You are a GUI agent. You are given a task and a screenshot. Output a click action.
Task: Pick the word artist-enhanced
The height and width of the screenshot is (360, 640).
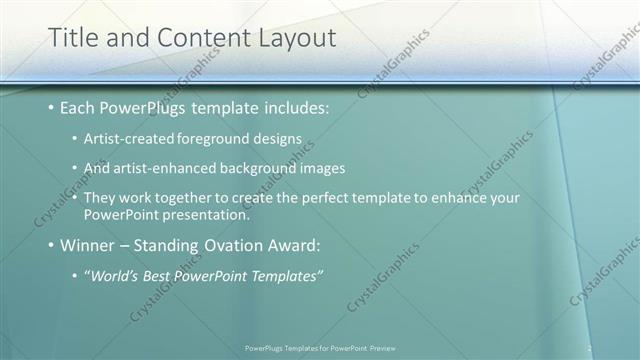click(x=165, y=168)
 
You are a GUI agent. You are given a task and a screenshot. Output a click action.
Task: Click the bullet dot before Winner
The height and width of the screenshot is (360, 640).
click(x=52, y=246)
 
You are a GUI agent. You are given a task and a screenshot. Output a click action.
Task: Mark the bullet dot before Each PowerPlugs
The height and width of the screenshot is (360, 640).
click(x=52, y=108)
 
